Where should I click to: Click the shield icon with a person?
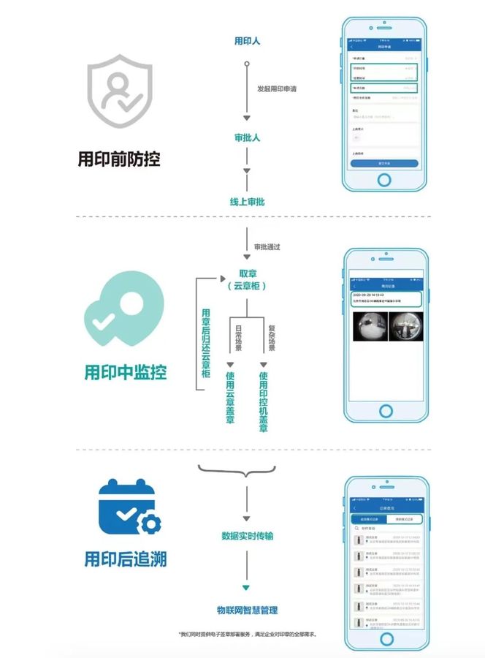coord(120,94)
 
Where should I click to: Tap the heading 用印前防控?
coord(119,159)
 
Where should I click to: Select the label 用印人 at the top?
coord(247,41)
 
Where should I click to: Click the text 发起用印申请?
coord(276,89)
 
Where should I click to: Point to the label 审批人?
coord(247,137)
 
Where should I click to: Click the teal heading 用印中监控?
coord(125,372)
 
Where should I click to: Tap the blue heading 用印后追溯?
coord(125,560)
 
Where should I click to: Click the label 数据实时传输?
coord(247,536)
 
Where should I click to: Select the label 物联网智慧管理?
coord(247,609)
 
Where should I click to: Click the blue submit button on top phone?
coord(384,163)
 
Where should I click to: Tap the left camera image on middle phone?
coord(368,326)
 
